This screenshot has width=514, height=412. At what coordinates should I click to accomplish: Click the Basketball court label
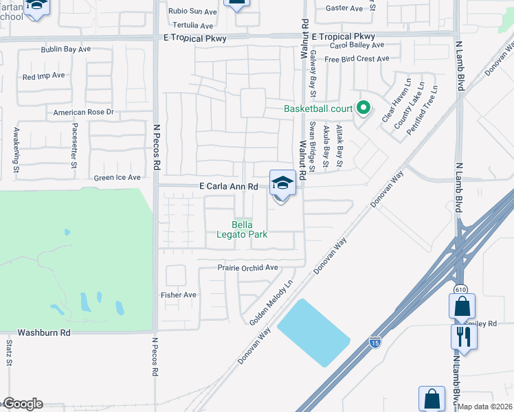click(318, 108)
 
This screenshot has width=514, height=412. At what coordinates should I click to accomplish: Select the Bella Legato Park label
click(249, 229)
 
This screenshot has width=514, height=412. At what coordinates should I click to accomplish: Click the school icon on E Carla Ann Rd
click(282, 183)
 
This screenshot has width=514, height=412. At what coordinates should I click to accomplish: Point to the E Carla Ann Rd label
click(229, 186)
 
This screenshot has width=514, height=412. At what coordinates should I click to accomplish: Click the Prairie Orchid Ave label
click(247, 267)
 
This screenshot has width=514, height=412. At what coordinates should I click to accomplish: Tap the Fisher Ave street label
click(179, 295)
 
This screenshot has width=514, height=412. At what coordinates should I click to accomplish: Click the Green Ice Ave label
click(118, 177)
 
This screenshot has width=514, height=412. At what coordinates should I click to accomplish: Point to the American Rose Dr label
click(83, 112)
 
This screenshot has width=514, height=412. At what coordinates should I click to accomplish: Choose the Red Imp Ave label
click(43, 76)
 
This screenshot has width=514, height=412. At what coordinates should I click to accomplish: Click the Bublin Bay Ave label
click(65, 49)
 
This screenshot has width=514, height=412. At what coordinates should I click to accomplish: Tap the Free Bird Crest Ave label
click(357, 59)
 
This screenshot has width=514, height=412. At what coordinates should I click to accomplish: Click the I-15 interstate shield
click(375, 341)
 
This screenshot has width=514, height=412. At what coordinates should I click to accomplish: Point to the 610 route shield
click(458, 290)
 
